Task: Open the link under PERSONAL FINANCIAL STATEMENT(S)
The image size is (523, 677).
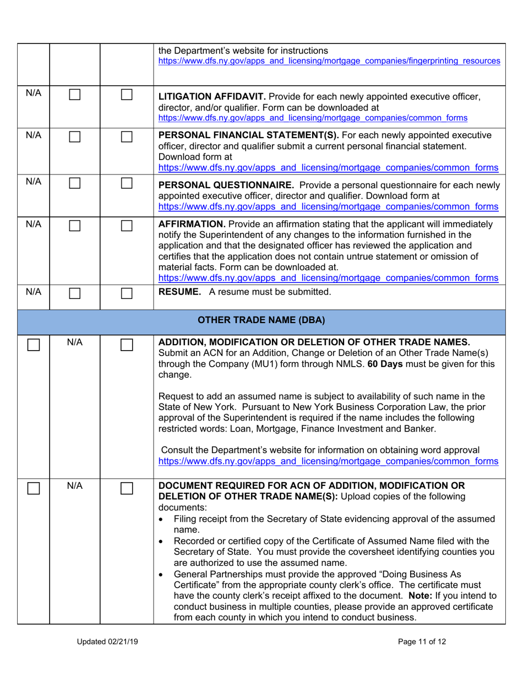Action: coord(329,167)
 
